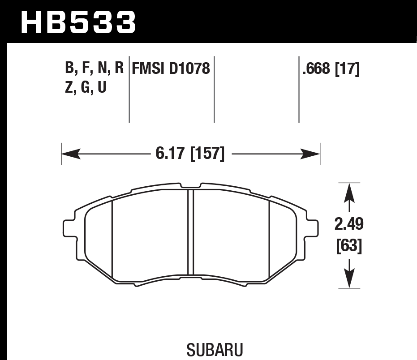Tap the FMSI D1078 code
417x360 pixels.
171,69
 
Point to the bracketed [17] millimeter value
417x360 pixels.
347,69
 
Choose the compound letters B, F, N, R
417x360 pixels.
94,69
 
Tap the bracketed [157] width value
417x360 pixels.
207,154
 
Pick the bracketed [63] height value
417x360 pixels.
349,246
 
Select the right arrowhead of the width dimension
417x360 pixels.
312,154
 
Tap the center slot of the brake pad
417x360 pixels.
190,233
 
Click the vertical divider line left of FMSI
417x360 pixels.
129,90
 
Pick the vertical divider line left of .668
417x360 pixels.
299,90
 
